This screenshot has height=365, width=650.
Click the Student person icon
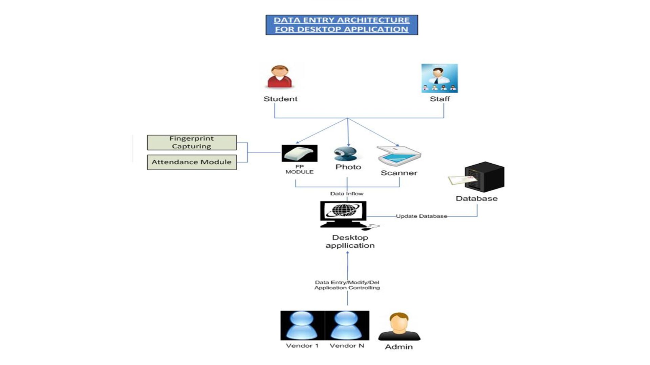click(280, 77)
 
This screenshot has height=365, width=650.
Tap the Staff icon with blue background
click(439, 78)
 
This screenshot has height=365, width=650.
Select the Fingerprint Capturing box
click(192, 142)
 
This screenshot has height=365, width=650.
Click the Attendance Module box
click(192, 162)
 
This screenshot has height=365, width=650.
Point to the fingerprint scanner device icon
click(299, 153)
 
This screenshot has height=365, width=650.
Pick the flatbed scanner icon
click(399, 156)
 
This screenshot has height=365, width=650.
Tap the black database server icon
click(484, 177)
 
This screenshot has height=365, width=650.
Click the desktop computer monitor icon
click(343, 214)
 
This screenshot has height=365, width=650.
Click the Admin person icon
click(399, 326)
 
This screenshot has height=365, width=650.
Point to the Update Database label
click(421, 216)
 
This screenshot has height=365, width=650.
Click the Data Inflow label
click(347, 194)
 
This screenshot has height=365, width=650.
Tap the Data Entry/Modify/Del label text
click(347, 283)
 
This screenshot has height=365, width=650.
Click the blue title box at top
click(342, 25)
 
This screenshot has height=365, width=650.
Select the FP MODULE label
click(299, 169)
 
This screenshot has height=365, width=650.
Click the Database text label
click(476, 199)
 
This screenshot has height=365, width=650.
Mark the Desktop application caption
click(350, 242)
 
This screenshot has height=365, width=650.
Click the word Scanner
click(399, 173)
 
